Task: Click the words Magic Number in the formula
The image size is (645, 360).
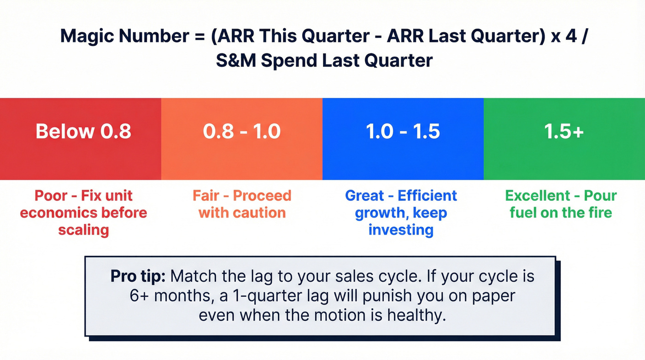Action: point(125,36)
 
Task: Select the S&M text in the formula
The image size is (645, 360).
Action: point(236,60)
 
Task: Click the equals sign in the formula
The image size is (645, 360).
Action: point(200,36)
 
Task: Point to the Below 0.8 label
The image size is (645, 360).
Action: point(83,131)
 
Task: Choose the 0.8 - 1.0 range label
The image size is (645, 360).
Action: point(242,131)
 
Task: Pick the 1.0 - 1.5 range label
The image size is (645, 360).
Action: point(403,131)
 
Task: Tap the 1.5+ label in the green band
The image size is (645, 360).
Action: point(564,131)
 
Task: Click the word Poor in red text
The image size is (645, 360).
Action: point(51,196)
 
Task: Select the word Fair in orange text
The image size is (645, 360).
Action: point(206,196)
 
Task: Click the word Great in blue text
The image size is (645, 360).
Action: point(364,196)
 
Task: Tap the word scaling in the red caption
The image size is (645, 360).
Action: point(83,230)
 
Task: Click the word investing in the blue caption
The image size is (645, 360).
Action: point(401,230)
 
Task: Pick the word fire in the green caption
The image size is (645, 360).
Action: point(600,213)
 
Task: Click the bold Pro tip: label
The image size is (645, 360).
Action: point(138,277)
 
